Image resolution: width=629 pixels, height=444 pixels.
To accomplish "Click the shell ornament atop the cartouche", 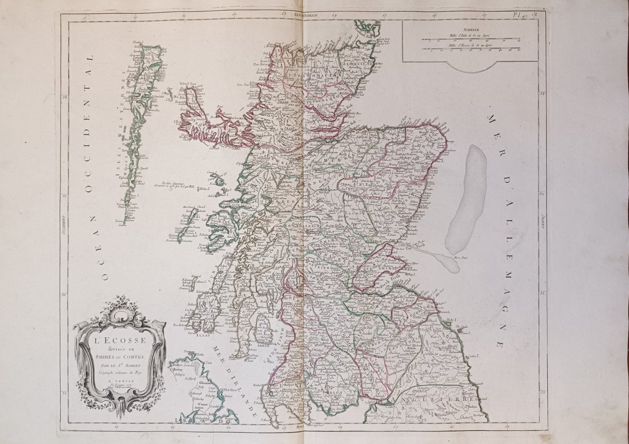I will [x=119, y=303].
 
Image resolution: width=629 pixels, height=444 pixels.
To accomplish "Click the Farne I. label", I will [x=466, y=333].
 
